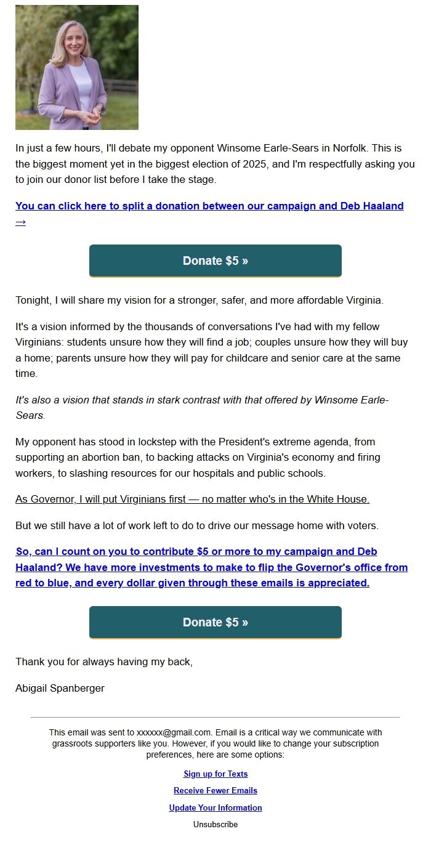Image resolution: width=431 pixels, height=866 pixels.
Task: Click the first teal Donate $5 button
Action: pyautogui.click(x=216, y=261)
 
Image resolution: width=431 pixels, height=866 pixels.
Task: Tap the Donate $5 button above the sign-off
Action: pyautogui.click(x=216, y=622)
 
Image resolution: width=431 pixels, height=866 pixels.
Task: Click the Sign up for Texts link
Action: pyautogui.click(x=216, y=774)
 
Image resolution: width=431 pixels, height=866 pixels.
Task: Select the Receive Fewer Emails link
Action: pyautogui.click(x=216, y=790)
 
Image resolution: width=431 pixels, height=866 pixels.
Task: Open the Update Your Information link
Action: pyautogui.click(x=216, y=807)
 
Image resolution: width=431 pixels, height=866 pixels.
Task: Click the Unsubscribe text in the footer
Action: pyautogui.click(x=216, y=824)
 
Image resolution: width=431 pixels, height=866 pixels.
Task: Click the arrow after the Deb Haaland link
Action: pyautogui.click(x=20, y=222)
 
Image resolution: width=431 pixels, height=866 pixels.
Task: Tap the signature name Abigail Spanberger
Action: pyautogui.click(x=60, y=688)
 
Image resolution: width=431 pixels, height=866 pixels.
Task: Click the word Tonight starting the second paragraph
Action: pyautogui.click(x=33, y=301)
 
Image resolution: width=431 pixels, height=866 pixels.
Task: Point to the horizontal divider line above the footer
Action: pyautogui.click(x=216, y=717)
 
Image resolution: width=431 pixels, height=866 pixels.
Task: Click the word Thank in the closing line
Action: pyautogui.click(x=29, y=662)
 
